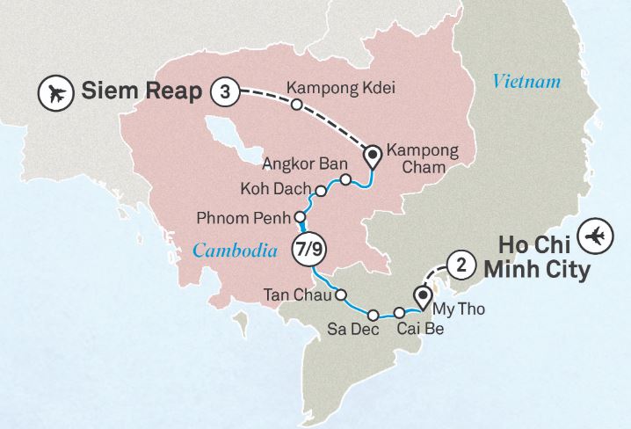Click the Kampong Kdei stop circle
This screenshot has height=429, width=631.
click(x=297, y=105)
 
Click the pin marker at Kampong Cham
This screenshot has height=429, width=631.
click(x=373, y=156)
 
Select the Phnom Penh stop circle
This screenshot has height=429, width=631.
click(x=300, y=216)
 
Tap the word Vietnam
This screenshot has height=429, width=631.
click(x=526, y=83)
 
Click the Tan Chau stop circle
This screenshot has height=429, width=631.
click(x=342, y=295)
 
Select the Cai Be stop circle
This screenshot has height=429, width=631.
click(x=400, y=313)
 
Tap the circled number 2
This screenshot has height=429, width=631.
click(x=461, y=263)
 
